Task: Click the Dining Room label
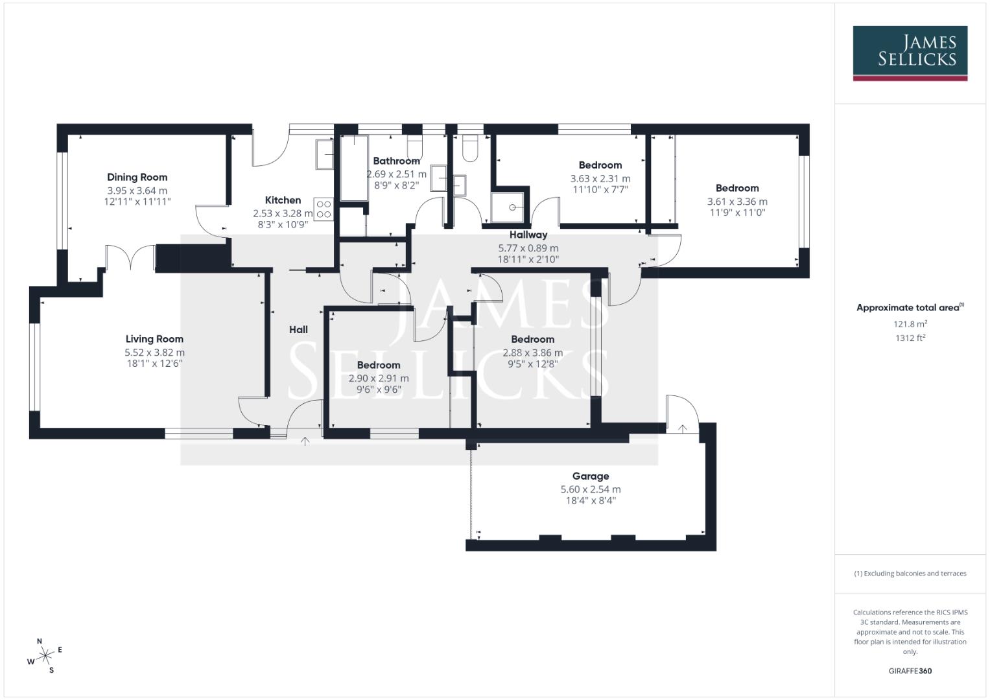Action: (137, 177)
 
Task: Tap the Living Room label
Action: (154, 339)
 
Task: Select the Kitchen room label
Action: (283, 200)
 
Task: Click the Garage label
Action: (590, 476)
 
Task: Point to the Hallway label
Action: (528, 235)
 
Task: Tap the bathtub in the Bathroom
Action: (354, 167)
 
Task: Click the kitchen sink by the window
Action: (324, 154)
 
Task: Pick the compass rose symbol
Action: (45, 656)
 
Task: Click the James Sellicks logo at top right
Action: (910, 53)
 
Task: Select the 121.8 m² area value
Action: (910, 324)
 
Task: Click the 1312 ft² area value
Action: (910, 338)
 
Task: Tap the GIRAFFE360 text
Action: (910, 671)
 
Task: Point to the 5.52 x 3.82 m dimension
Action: (154, 353)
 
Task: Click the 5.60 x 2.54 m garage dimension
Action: (590, 490)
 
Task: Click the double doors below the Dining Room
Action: (131, 257)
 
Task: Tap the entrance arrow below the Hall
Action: (305, 441)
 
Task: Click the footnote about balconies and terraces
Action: (910, 574)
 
